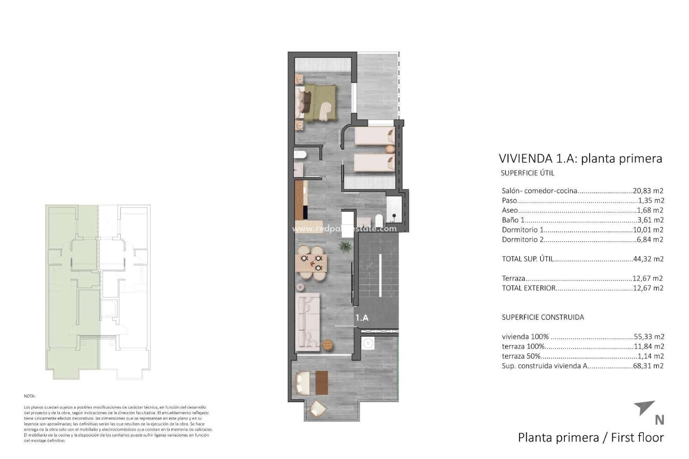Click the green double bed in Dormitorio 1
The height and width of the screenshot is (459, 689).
coord(318,102)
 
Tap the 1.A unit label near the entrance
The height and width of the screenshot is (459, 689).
coord(362,318)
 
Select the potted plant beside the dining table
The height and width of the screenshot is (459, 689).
coord(344,247)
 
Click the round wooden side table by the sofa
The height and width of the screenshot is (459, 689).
coord(328,345)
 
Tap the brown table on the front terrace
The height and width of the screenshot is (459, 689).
coord(322,382)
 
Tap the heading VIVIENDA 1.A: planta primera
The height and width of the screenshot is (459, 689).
coord(580,158)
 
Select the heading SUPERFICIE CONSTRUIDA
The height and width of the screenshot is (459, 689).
coord(543,317)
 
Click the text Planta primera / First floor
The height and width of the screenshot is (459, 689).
coord(591,437)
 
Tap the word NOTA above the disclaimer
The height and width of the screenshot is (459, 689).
coord(29,396)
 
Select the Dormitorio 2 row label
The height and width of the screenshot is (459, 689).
coord(522,240)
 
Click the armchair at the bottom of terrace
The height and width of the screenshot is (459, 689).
coord(317,408)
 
